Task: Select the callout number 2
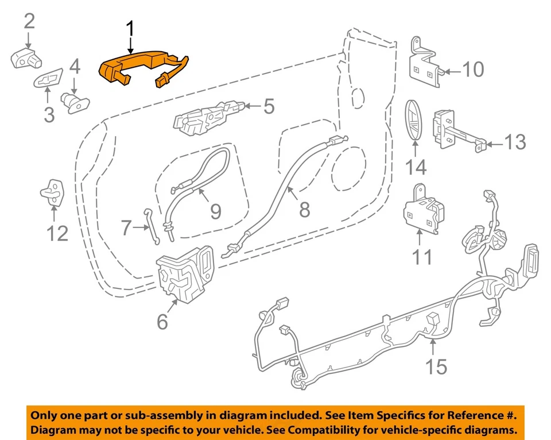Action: pyautogui.click(x=29, y=22)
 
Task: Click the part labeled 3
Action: pyautogui.click(x=51, y=80)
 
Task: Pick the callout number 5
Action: pyautogui.click(x=269, y=106)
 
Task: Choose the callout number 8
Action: pyautogui.click(x=304, y=209)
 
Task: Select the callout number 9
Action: pyautogui.click(x=215, y=211)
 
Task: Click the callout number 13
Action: pyautogui.click(x=515, y=142)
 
